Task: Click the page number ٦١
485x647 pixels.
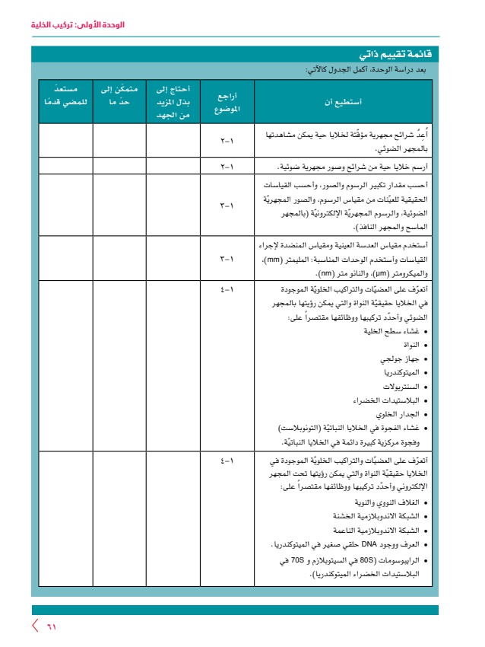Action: pyautogui.click(x=52, y=626)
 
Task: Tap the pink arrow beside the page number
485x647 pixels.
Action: pyautogui.click(x=34, y=626)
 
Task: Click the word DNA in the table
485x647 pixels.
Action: pyautogui.click(x=362, y=546)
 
